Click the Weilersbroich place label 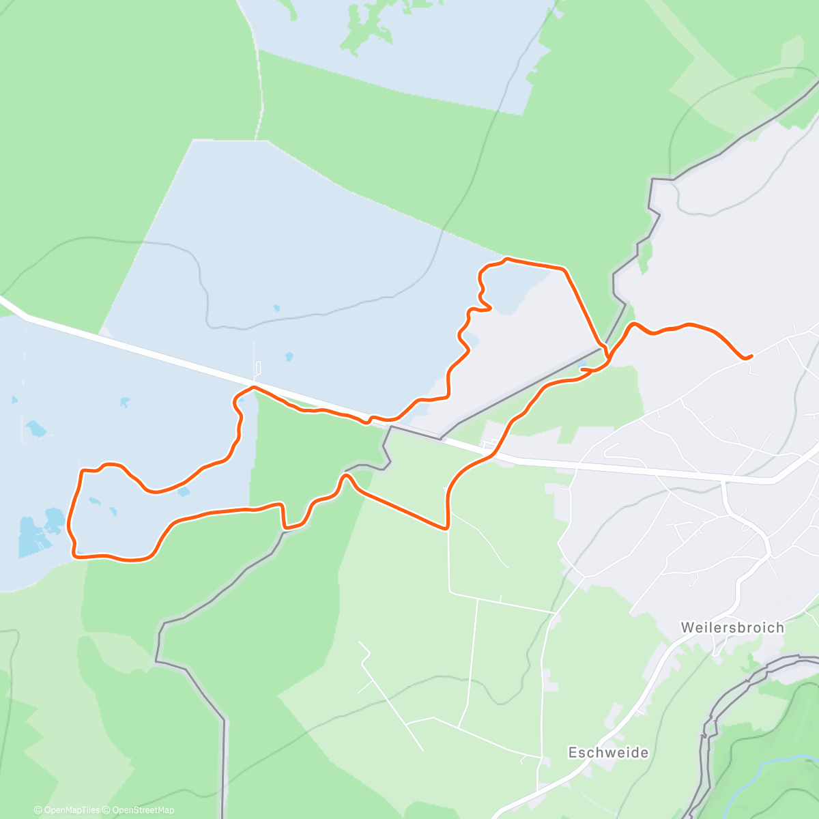pos(732,627)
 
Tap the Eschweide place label pos(608,752)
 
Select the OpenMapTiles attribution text pos(67,810)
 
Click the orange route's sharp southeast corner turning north pos(447,527)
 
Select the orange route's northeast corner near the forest pos(564,270)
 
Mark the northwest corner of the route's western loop pos(83,470)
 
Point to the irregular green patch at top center pos(369,27)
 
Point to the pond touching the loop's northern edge pos(183,490)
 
